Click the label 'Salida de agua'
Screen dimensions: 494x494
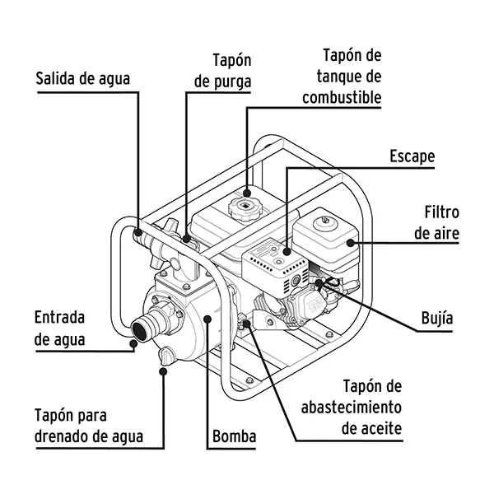82,80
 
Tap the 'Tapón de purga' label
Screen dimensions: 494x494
220,71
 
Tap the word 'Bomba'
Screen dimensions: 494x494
235,436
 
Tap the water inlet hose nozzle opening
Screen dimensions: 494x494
136,330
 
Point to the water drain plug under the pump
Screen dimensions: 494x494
165,357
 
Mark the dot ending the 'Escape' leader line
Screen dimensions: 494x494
287,250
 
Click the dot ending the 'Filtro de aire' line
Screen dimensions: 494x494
351,243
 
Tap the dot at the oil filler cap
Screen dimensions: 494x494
245,324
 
